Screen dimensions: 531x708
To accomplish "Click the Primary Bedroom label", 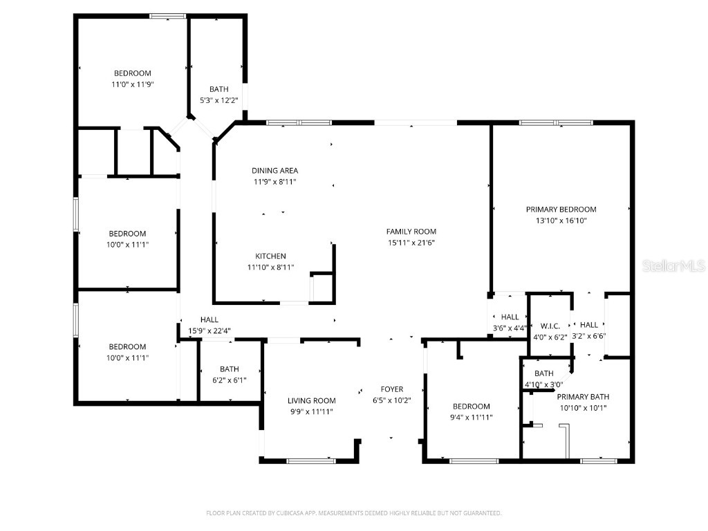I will pyautogui.click(x=561, y=209).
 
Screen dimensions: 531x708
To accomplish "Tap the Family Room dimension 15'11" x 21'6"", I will pyautogui.click(x=411, y=243).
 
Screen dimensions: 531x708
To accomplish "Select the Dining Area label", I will pyautogui.click(x=275, y=171).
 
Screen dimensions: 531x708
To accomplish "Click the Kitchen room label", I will pyautogui.click(x=270, y=256).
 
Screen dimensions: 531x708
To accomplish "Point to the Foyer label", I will pyautogui.click(x=391, y=389).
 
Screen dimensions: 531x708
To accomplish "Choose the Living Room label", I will pyautogui.click(x=311, y=400).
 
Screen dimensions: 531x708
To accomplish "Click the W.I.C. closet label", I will pyautogui.click(x=550, y=326).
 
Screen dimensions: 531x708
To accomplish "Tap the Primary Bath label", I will pyautogui.click(x=583, y=397).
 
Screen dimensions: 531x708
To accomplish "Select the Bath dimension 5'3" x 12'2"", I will pyautogui.click(x=218, y=100).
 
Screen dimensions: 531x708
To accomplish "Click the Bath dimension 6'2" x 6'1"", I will pyautogui.click(x=229, y=380).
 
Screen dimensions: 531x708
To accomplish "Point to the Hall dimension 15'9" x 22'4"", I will pyautogui.click(x=209, y=330).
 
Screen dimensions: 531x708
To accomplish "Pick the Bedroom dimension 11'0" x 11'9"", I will pyautogui.click(x=132, y=84).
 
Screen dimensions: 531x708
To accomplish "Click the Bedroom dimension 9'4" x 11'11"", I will pyautogui.click(x=471, y=418).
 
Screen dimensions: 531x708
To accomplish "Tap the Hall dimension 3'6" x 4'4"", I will pyautogui.click(x=510, y=328).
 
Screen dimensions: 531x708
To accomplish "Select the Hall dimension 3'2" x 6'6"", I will pyautogui.click(x=589, y=336).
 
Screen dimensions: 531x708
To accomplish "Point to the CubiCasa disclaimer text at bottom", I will pyautogui.click(x=353, y=513).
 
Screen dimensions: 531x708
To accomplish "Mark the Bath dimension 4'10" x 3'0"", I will pyautogui.click(x=543, y=384).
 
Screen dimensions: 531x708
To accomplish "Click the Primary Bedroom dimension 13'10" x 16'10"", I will pyautogui.click(x=561, y=221).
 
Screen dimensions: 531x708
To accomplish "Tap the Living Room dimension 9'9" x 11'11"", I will pyautogui.click(x=311, y=411).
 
